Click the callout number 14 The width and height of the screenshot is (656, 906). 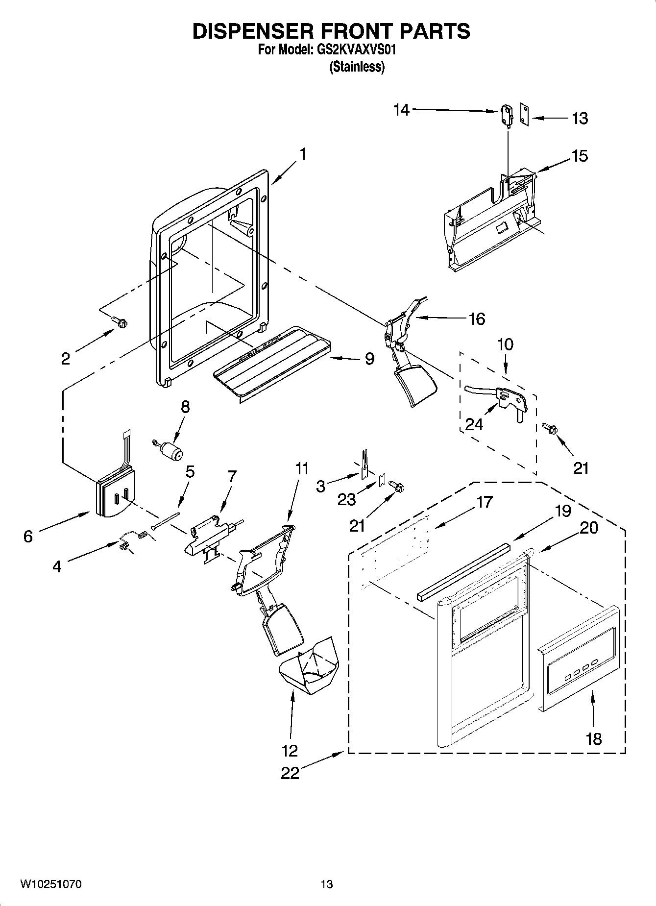(401, 110)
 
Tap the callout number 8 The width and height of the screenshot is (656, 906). (185, 407)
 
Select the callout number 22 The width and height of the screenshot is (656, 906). (290, 773)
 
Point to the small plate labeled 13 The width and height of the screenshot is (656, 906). (525, 115)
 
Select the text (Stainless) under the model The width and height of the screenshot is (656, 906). (356, 67)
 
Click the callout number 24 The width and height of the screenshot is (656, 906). (474, 424)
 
